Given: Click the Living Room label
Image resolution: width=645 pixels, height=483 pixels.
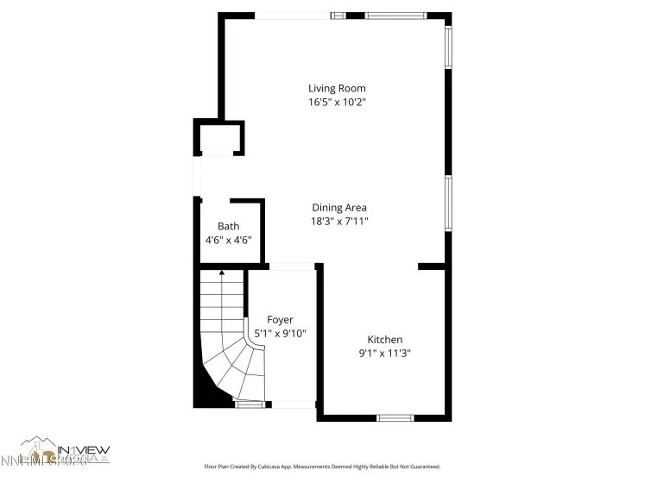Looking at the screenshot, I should pyautogui.click(x=337, y=88).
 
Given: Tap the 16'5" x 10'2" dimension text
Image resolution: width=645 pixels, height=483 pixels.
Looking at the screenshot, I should pyautogui.click(x=337, y=102).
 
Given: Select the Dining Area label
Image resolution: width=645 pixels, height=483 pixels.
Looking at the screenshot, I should pyautogui.click(x=339, y=207).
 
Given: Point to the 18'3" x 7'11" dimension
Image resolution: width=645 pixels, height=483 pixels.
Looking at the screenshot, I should pyautogui.click(x=339, y=221).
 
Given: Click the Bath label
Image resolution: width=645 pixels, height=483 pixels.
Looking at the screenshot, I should pyautogui.click(x=228, y=226).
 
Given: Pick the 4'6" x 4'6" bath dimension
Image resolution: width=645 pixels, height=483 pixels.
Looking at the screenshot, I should pyautogui.click(x=228, y=240).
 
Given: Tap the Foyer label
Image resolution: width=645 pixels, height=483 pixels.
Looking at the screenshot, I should pyautogui.click(x=280, y=320).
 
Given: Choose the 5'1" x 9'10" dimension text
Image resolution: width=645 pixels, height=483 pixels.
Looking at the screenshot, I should pyautogui.click(x=280, y=334).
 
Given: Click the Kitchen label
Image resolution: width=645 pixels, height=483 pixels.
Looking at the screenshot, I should pyautogui.click(x=385, y=340).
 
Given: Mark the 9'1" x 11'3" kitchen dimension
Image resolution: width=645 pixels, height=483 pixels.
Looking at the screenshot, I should pyautogui.click(x=385, y=353).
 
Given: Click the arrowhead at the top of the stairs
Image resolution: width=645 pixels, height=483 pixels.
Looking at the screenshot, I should pyautogui.click(x=222, y=273).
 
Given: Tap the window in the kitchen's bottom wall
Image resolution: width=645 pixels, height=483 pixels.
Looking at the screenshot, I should pyautogui.click(x=395, y=418).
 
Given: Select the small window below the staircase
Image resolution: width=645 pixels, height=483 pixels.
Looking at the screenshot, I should pyautogui.click(x=250, y=404).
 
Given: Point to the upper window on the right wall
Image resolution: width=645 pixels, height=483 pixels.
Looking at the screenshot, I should pyautogui.click(x=448, y=47).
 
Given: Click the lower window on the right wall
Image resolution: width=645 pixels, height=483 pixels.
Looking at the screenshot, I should pyautogui.click(x=448, y=204).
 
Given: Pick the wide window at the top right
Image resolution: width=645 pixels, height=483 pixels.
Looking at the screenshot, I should pyautogui.click(x=395, y=16).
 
